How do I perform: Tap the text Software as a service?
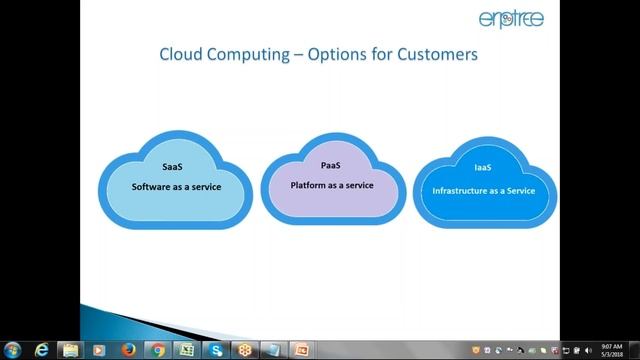click(176, 187)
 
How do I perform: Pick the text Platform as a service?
click(332, 185)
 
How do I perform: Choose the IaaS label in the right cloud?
click(485, 170)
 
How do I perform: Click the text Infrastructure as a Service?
click(484, 190)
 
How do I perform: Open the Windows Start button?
click(13, 349)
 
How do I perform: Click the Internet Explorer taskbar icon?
click(42, 349)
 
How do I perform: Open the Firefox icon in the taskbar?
click(128, 349)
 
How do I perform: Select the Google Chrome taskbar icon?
click(157, 349)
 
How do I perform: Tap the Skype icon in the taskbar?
click(215, 349)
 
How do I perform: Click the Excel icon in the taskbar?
click(186, 349)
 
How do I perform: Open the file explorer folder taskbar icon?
click(71, 349)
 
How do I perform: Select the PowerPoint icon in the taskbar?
click(301, 349)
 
